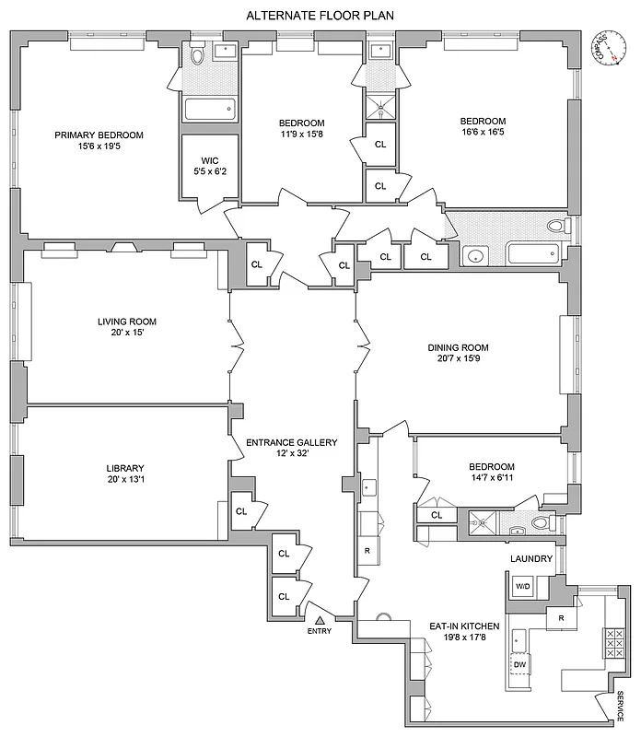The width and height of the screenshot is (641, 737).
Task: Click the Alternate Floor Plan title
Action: pyautogui.click(x=320, y=16)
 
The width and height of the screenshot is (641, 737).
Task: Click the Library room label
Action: pyautogui.click(x=126, y=467)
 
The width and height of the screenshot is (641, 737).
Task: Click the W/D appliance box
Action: pyautogui.click(x=522, y=586)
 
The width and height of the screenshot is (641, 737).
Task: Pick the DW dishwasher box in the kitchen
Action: pyautogui.click(x=520, y=663)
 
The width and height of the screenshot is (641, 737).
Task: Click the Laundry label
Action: pyautogui.click(x=531, y=559)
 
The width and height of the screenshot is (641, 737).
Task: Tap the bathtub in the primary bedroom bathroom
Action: pyautogui.click(x=211, y=110)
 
